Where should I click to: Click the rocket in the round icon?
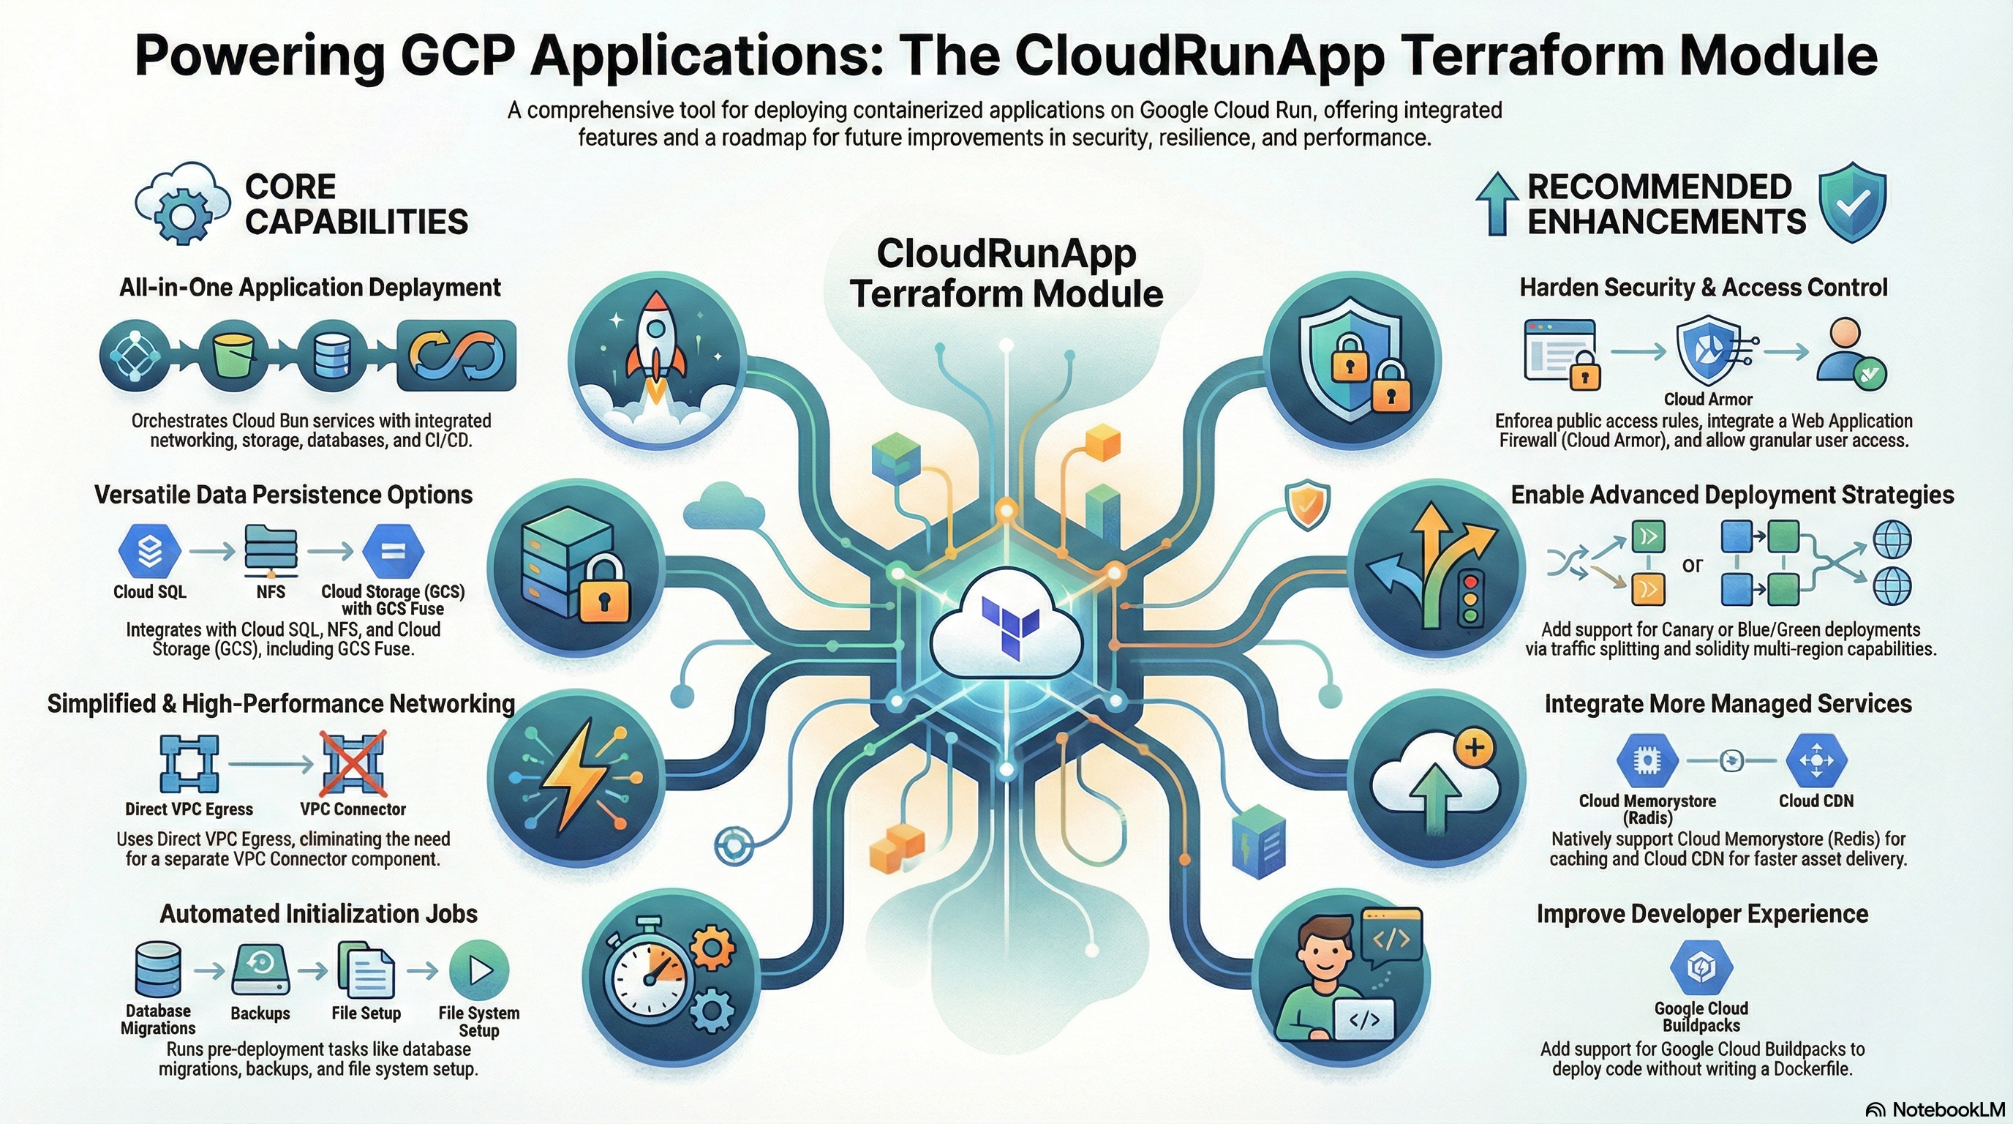pos(655,344)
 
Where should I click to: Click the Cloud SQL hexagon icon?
pos(149,551)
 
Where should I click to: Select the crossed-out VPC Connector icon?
pos(353,762)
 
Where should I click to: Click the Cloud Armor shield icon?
pos(1707,352)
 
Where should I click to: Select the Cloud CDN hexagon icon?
pos(1816,760)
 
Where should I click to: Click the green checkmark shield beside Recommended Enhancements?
pos(1852,203)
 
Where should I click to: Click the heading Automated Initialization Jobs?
pos(318,914)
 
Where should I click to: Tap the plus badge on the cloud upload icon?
pos(1474,748)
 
